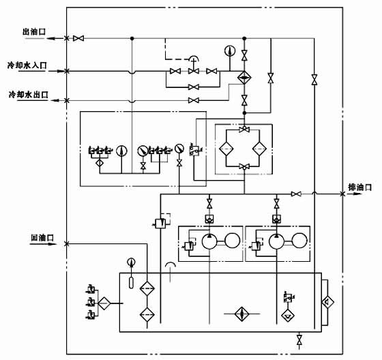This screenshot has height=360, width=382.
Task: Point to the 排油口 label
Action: [x=359, y=187]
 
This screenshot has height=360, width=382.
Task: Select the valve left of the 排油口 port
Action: [x=296, y=194]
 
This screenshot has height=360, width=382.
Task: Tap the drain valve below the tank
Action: [x=299, y=339]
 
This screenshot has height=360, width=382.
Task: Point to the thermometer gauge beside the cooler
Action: [x=229, y=51]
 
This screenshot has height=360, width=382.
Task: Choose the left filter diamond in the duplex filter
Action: [x=227, y=149]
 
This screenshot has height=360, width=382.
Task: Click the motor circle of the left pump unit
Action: [x=232, y=241]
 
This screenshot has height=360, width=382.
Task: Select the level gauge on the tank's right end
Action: [x=328, y=301]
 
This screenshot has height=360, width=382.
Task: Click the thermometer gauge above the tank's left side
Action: [x=132, y=261]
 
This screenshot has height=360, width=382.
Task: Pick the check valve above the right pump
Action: [x=276, y=219]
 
